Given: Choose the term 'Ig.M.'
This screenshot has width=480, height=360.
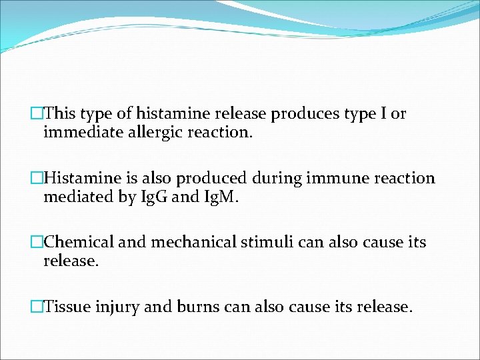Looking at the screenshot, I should coord(213,197).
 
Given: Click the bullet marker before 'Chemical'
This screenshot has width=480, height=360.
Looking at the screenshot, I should coord(37,243).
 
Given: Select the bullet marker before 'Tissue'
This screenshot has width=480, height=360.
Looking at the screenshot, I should coord(37,307).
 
